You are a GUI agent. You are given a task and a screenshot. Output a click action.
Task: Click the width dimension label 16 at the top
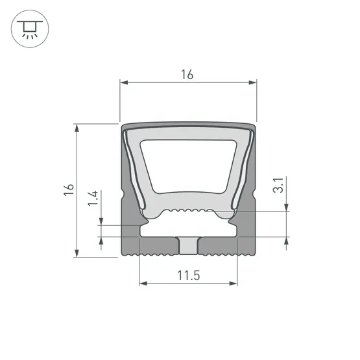tap(187, 75)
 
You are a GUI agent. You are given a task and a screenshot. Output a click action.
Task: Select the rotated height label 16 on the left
tap(69, 189)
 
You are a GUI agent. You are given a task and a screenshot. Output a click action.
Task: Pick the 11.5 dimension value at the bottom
tap(187, 276)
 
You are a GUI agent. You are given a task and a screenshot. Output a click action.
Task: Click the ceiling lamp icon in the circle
tap(29, 29)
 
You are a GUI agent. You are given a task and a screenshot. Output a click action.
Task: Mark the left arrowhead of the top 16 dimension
tap(124, 83)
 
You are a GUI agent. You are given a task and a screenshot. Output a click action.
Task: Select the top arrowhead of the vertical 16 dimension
tap(78, 127)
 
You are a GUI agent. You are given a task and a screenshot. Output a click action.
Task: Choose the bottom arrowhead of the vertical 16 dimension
tap(78, 252)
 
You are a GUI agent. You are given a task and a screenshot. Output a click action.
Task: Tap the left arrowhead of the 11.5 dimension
tap(143, 283)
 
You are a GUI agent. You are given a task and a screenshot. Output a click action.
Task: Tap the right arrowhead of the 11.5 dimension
tap(234, 283)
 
